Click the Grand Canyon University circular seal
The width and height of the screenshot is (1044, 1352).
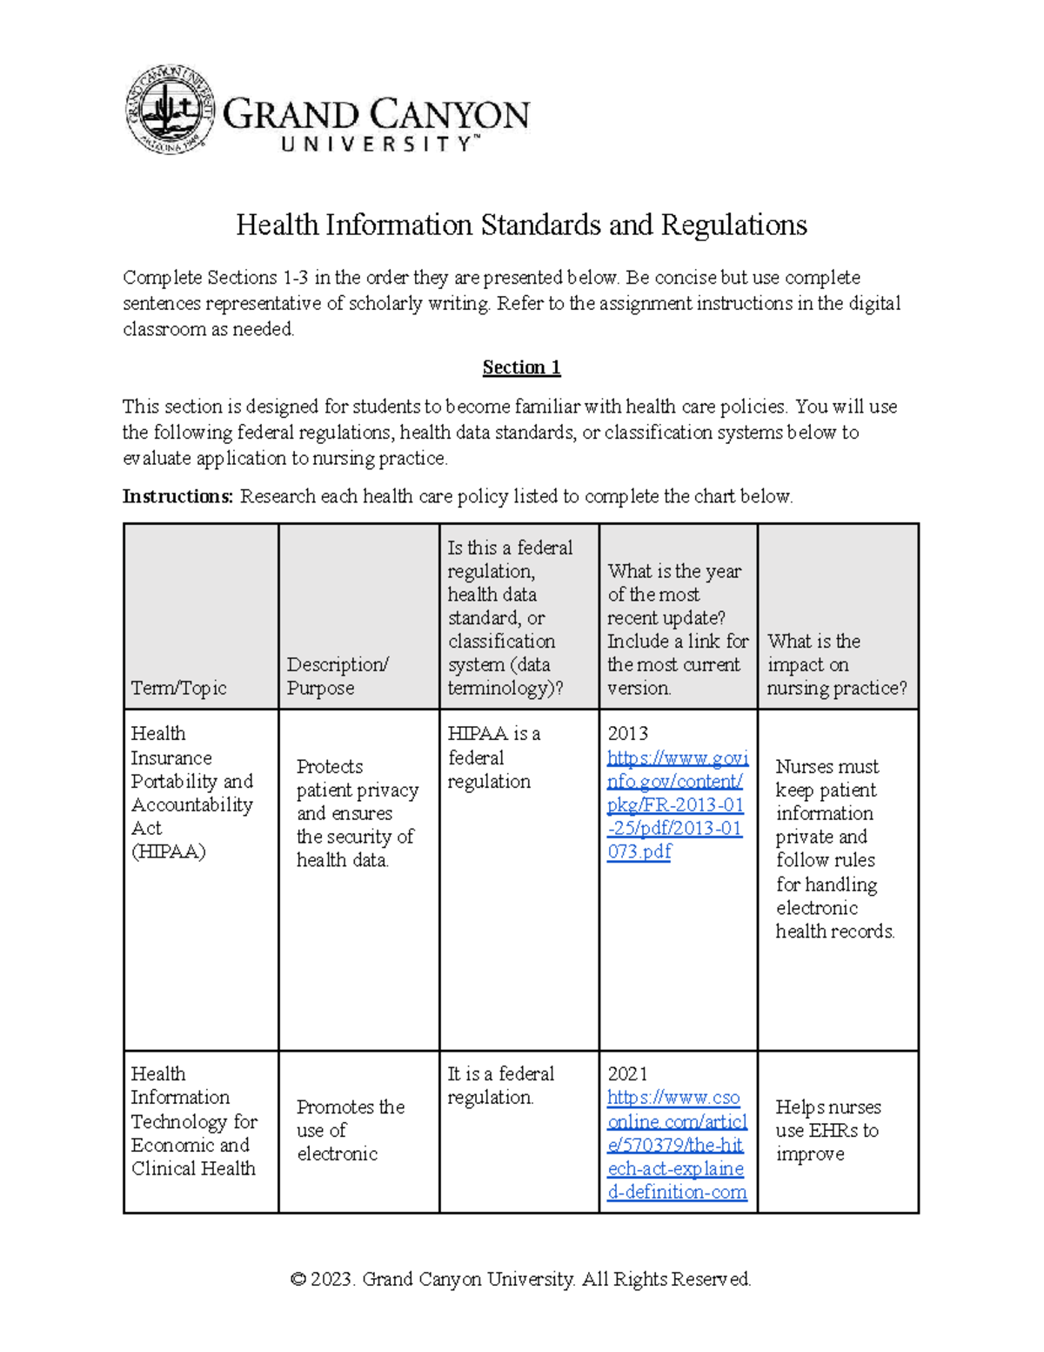point(170,111)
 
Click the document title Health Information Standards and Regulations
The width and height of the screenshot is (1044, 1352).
point(521,225)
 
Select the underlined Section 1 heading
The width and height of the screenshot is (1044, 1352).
point(521,367)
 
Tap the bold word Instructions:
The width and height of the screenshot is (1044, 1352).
point(178,496)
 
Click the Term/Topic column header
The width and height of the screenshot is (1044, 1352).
point(178,688)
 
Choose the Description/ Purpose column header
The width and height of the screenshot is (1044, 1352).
point(338,676)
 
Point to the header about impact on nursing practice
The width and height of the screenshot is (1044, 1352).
point(836,664)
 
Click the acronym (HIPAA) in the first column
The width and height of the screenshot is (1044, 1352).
point(168,851)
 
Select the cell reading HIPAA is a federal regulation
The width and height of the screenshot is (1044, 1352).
point(493,757)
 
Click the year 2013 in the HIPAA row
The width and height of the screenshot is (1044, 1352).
point(627,734)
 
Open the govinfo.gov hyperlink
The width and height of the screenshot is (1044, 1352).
point(676,804)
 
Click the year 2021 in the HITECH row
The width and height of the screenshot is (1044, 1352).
point(627,1074)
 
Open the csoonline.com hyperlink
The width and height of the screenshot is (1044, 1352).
point(676,1145)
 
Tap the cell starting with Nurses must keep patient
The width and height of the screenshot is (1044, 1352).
point(833,848)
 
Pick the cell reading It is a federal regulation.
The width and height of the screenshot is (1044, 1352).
point(500,1086)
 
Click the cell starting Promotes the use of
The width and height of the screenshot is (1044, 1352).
point(349,1130)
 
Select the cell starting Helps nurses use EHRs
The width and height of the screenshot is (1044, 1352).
point(827,1130)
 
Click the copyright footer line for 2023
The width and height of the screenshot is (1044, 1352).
point(520,1279)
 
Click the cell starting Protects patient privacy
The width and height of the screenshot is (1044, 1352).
point(356,813)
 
